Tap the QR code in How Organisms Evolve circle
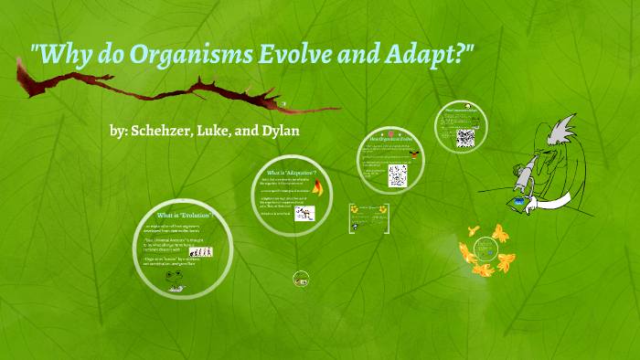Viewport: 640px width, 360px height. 397,174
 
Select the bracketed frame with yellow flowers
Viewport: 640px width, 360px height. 369,220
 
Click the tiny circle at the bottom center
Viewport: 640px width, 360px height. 300,279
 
